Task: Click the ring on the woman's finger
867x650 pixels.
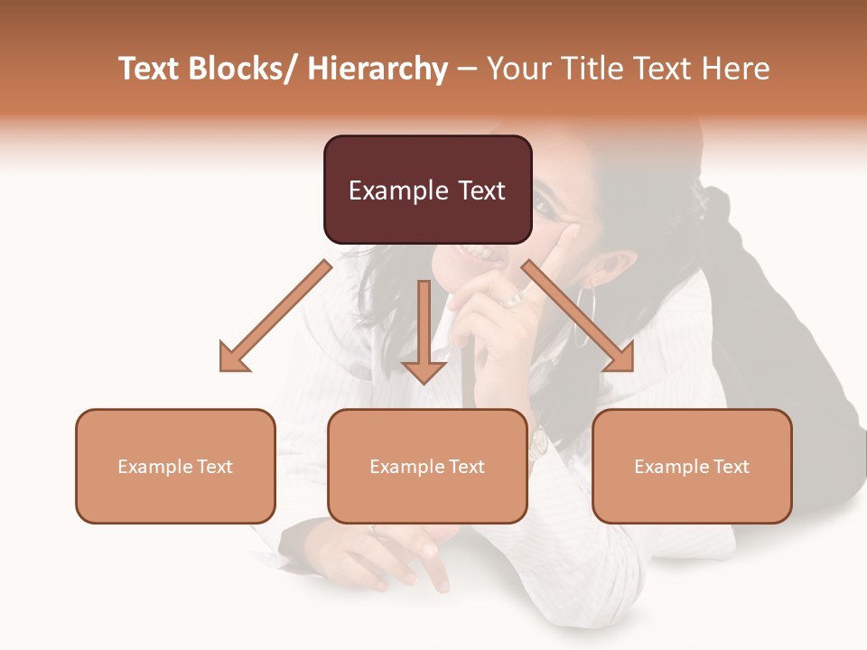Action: coord(513,299)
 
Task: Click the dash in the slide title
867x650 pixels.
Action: coord(466,69)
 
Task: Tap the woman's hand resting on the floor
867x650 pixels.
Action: coord(397,555)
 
